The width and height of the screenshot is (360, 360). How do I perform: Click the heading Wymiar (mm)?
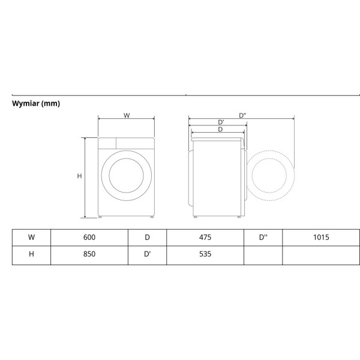tap(36, 104)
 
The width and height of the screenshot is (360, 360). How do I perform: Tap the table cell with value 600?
tap(89, 238)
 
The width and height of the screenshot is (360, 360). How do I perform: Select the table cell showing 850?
tap(89, 254)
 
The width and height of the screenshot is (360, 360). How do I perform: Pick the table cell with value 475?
tap(205, 238)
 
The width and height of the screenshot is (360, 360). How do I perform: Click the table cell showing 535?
tap(205, 254)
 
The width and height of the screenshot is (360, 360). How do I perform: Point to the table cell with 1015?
tap(321, 238)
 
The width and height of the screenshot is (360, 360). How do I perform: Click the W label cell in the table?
tap(31, 238)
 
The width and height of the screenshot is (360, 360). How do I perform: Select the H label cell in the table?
tap(31, 254)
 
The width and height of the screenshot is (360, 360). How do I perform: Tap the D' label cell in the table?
tap(147, 254)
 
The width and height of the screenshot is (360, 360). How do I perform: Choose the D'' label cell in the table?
tap(263, 238)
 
